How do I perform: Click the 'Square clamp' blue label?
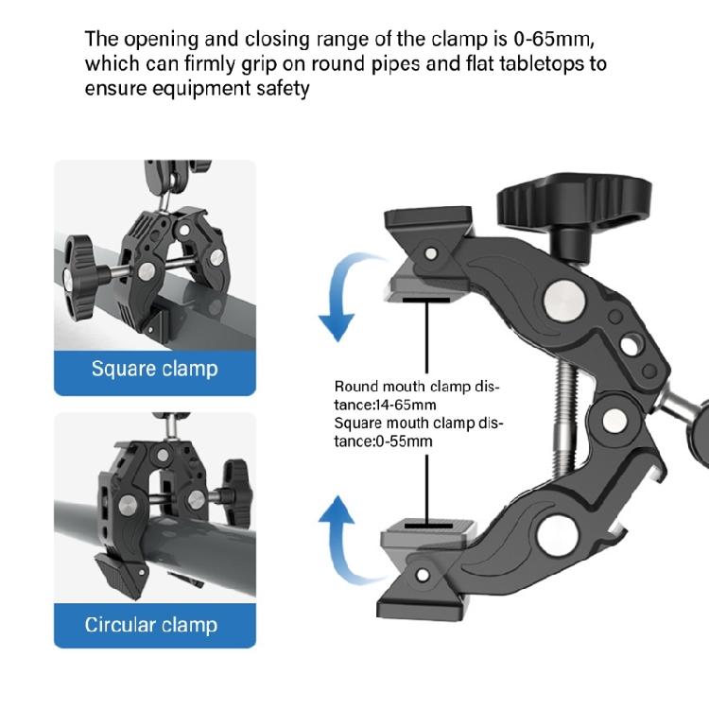154,368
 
